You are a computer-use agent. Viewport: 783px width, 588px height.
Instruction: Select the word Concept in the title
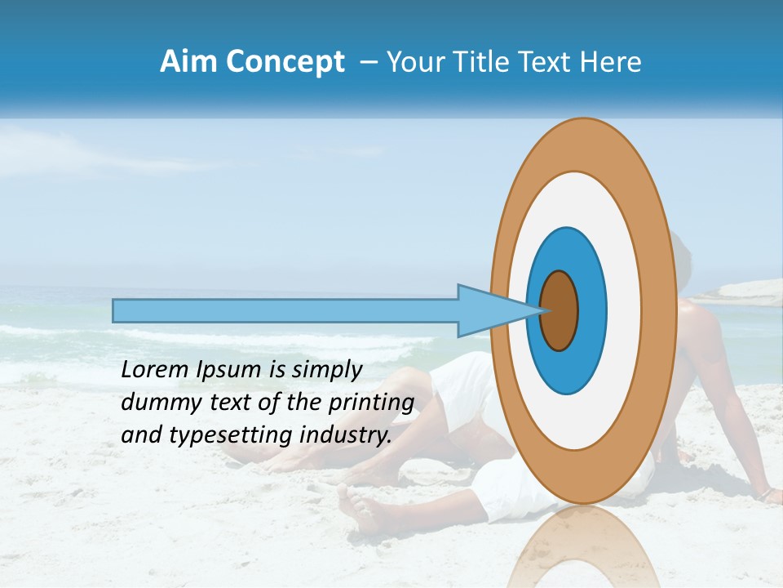point(286,63)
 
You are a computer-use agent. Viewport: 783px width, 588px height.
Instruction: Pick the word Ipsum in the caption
point(229,371)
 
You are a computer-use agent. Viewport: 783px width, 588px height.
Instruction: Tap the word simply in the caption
point(326,371)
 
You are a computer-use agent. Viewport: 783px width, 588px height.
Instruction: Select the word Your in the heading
point(414,62)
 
